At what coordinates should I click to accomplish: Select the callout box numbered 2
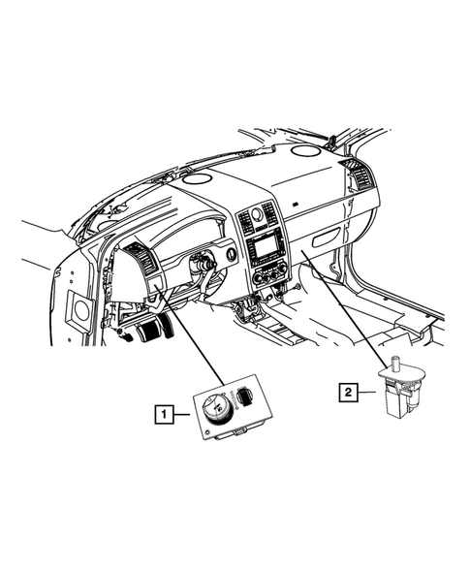pos(345,393)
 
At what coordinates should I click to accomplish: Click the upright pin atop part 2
pos(395,365)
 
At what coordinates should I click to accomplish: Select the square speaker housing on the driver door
pos(77,310)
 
